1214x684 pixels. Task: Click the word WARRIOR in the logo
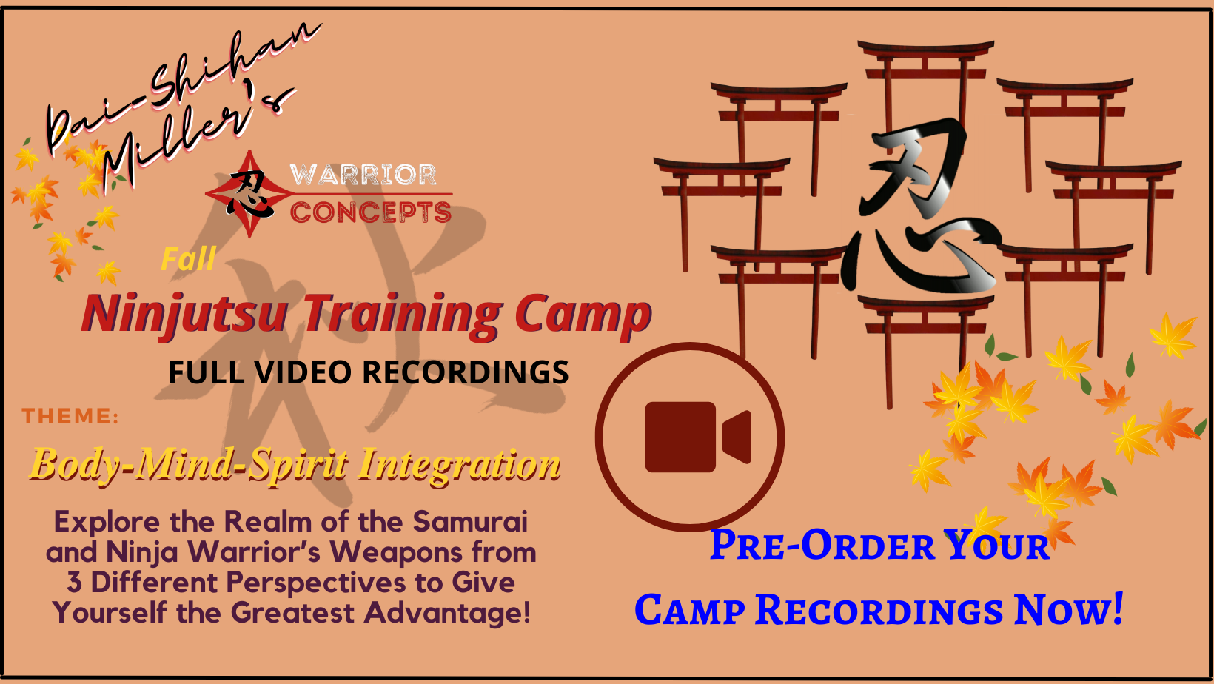tap(363, 175)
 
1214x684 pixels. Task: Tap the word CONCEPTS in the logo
tap(371, 212)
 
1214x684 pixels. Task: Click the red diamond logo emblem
tap(249, 194)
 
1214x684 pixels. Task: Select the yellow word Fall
tap(189, 258)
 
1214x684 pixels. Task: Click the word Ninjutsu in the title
tap(184, 315)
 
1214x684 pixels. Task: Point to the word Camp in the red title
tap(583, 315)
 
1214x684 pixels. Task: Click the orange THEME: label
tap(70, 416)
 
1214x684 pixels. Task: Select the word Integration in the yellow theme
tap(460, 465)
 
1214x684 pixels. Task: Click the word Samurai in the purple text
tap(470, 522)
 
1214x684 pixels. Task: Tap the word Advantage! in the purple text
tap(447, 614)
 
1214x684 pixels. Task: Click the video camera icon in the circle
tap(697, 437)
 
